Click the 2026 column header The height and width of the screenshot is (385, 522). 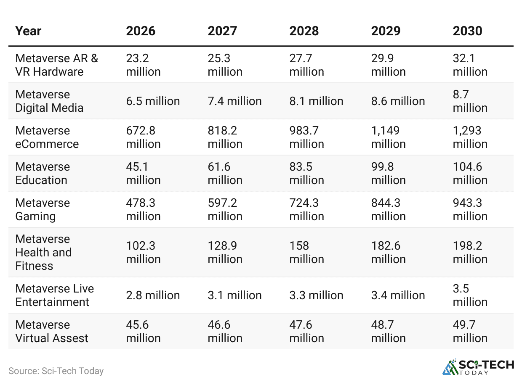coord(141,31)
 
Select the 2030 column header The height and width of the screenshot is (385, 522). coord(467,31)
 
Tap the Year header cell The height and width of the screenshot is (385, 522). coord(28,31)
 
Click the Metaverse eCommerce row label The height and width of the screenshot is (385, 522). coord(47,137)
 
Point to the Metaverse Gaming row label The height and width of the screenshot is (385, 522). coord(43,210)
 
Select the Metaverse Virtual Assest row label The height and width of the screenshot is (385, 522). coord(52,332)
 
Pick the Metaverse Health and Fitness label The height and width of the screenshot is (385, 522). coord(43,253)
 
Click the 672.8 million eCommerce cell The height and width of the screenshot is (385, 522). coord(143,137)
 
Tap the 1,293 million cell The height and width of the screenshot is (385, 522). coord(470,137)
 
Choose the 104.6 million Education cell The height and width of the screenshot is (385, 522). coord(470,174)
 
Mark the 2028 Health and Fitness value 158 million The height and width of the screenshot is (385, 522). coord(306,253)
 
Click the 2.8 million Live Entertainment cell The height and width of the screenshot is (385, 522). coord(153,295)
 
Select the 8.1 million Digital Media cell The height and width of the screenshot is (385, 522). coord(316,101)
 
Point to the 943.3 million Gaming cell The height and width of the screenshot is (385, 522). coord(470,210)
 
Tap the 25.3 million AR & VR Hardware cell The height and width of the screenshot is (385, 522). coord(225,65)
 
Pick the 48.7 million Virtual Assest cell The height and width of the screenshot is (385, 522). coord(388,332)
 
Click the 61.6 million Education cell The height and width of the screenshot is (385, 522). coord(225,174)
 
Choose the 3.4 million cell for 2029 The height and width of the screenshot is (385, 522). coord(398,295)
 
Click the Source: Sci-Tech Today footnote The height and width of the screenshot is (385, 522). coord(56,371)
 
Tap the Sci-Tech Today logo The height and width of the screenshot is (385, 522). coord(478,367)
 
